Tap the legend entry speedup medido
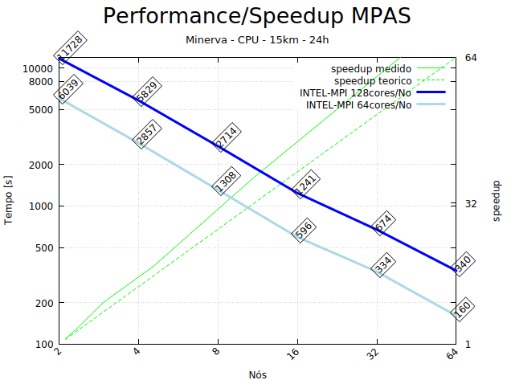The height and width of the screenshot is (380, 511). coord(371,69)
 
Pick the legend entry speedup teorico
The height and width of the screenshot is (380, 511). coord(373,81)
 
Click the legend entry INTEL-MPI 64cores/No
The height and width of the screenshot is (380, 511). coord(358,104)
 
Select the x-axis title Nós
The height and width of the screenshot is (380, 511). coord(257,374)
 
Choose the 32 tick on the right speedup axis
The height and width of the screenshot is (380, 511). coord(472,204)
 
